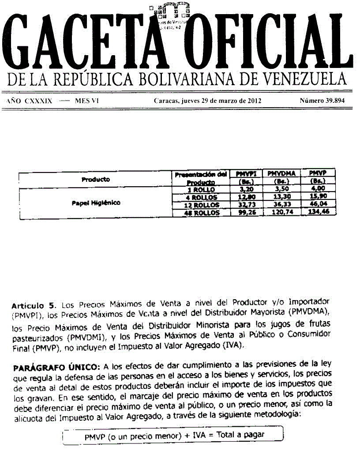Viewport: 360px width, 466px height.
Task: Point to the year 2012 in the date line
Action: (x=253, y=101)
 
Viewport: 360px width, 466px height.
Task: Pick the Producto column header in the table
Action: (x=95, y=180)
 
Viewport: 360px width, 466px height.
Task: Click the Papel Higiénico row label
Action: (x=96, y=203)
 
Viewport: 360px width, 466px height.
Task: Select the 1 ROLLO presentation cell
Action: (x=201, y=190)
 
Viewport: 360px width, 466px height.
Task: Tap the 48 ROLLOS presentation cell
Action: (x=201, y=213)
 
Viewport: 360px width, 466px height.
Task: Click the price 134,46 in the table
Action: (x=317, y=212)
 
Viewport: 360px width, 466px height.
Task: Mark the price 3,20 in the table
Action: (x=246, y=190)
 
